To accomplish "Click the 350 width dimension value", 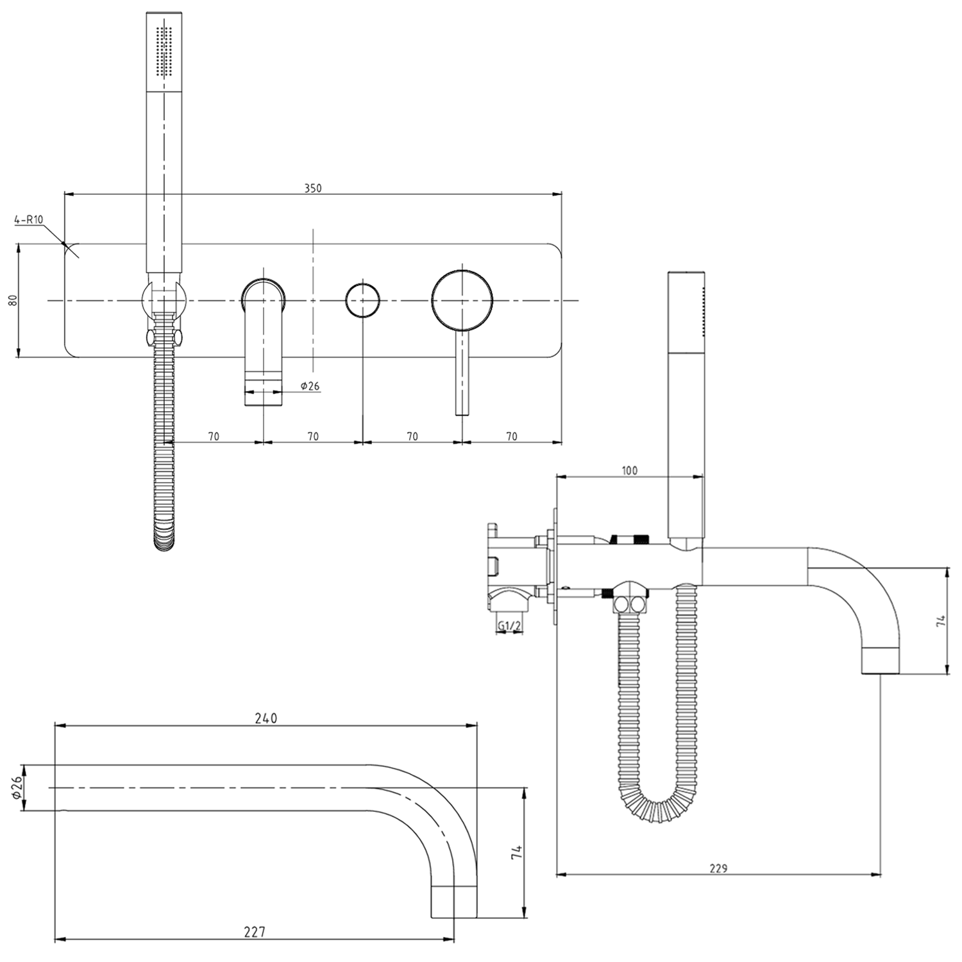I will click(312, 188).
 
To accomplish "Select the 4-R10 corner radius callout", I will click(28, 219).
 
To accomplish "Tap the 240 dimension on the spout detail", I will click(266, 718).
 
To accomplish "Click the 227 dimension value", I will click(255, 932).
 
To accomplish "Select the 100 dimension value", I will click(630, 470).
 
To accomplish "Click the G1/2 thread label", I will click(509, 625).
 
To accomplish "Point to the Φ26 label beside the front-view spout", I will click(310, 385).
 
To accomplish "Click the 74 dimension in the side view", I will click(940, 621).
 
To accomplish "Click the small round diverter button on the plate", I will click(362, 300).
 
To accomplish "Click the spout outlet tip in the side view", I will click(880, 667).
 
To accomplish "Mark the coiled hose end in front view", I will click(164, 539).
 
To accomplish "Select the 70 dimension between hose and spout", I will click(214, 436).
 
